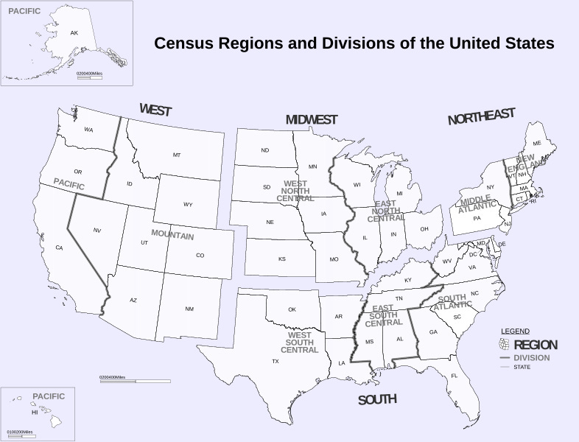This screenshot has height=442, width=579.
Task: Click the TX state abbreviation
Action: pyautogui.click(x=276, y=362)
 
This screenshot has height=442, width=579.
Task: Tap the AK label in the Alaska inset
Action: pyautogui.click(x=74, y=33)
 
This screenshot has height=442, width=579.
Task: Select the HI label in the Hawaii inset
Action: pyautogui.click(x=34, y=413)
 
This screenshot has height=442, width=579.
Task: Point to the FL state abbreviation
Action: pyautogui.click(x=455, y=376)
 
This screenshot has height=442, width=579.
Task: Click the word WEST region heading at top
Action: pyautogui.click(x=155, y=110)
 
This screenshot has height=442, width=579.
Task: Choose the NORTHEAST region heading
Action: pyautogui.click(x=482, y=116)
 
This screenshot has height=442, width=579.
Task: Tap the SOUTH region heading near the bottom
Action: pyautogui.click(x=377, y=400)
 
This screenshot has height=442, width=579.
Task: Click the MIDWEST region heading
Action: pyautogui.click(x=312, y=119)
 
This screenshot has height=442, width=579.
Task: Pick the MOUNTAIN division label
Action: pyautogui.click(x=172, y=236)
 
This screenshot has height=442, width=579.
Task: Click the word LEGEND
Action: pyautogui.click(x=515, y=331)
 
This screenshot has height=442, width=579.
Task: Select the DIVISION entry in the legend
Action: pyautogui.click(x=532, y=358)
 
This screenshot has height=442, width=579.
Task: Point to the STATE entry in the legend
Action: pyautogui.click(x=522, y=367)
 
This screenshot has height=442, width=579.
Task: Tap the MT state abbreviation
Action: pyautogui.click(x=177, y=155)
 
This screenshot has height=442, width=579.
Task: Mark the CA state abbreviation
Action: pyautogui.click(x=59, y=248)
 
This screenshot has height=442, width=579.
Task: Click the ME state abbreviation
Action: pyautogui.click(x=537, y=143)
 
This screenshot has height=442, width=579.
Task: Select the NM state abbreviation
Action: pyautogui.click(x=189, y=309)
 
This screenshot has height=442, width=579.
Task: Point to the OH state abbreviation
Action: pyautogui.click(x=424, y=229)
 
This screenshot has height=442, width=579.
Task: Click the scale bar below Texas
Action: pyautogui.click(x=135, y=381)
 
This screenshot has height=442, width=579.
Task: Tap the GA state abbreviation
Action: pyautogui.click(x=433, y=332)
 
